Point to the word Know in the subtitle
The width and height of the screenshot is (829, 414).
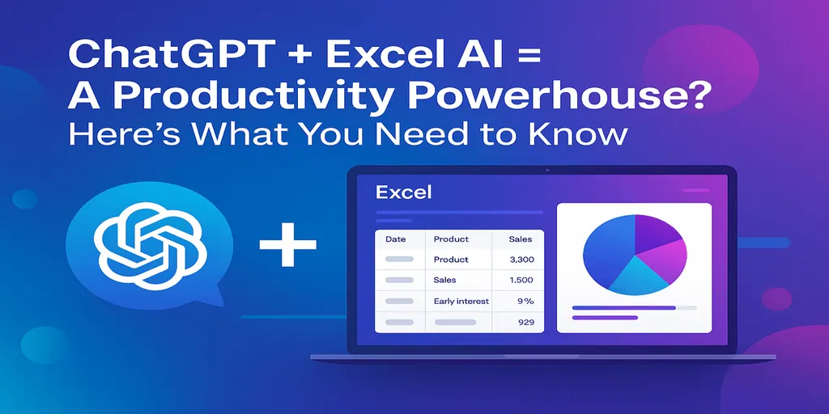577,133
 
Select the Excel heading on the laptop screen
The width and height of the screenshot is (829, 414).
404,192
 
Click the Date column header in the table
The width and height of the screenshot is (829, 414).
395,239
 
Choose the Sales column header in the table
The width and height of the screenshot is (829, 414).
520,239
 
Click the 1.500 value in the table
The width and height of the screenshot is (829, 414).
520,280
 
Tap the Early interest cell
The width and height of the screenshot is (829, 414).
461,301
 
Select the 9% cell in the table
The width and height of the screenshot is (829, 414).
525,301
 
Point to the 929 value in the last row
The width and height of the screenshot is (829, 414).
524,322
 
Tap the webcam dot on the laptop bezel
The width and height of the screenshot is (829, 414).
548,171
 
